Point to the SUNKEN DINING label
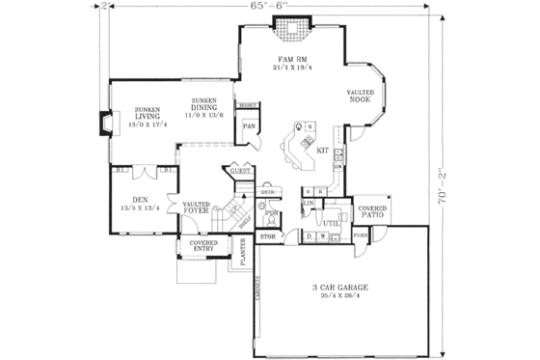[x=208, y=107]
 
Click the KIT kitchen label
[x=322, y=152]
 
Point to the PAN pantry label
[x=248, y=126]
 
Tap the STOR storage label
[x=268, y=235]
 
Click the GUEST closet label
[x=239, y=171]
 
